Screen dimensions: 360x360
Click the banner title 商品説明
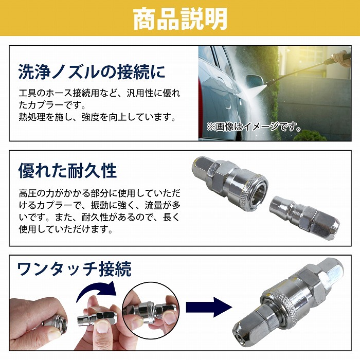[x=180, y=19]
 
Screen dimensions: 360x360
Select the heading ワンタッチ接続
[x=74, y=268]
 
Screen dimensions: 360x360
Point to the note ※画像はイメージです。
[x=254, y=126]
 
